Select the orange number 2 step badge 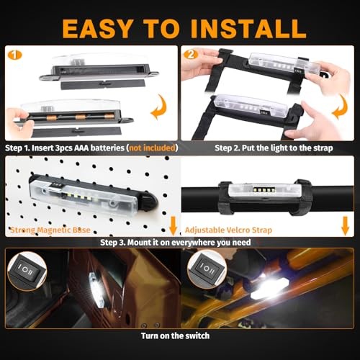190,54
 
